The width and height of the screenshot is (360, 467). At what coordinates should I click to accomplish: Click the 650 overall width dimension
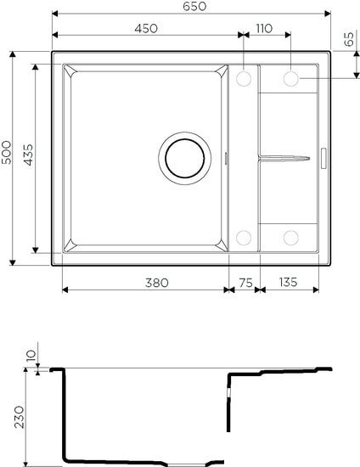(191, 6)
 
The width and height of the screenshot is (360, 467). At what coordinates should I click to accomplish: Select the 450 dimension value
(145, 28)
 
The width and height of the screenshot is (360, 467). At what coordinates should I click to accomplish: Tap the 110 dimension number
(262, 28)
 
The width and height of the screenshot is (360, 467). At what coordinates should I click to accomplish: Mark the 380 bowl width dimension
(145, 281)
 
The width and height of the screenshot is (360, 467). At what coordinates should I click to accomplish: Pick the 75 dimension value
(244, 281)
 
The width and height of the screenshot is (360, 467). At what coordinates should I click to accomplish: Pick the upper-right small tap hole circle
(290, 79)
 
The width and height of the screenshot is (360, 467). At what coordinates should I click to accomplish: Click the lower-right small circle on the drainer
(290, 237)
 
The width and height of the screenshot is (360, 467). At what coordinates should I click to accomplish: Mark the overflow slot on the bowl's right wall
(225, 158)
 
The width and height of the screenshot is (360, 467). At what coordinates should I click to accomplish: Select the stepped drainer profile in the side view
(280, 374)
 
